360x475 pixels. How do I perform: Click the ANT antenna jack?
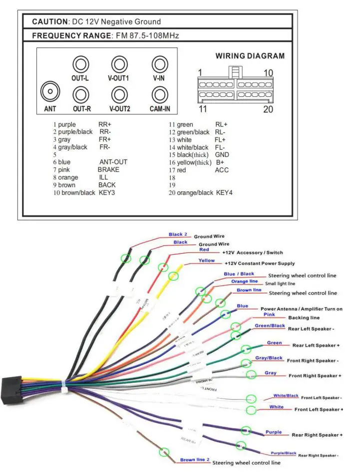(49, 92)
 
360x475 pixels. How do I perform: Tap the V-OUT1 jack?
(118, 64)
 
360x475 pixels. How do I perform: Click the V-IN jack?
(159, 64)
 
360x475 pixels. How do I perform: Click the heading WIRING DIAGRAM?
(250, 56)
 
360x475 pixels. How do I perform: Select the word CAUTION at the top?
(50, 21)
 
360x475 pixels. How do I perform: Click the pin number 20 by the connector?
(268, 109)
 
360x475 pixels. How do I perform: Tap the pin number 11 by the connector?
(203, 109)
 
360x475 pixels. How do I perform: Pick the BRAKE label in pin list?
(108, 170)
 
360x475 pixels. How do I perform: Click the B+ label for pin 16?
(220, 162)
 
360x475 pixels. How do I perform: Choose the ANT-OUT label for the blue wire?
(113, 162)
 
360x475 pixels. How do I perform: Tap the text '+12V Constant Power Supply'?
(260, 263)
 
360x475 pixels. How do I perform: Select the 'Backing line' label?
(304, 318)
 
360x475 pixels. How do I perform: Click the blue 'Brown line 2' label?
(195, 460)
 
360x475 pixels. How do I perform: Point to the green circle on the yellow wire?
(173, 276)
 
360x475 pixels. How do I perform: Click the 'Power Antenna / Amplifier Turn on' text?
(301, 309)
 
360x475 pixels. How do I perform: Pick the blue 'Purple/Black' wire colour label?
(283, 453)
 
